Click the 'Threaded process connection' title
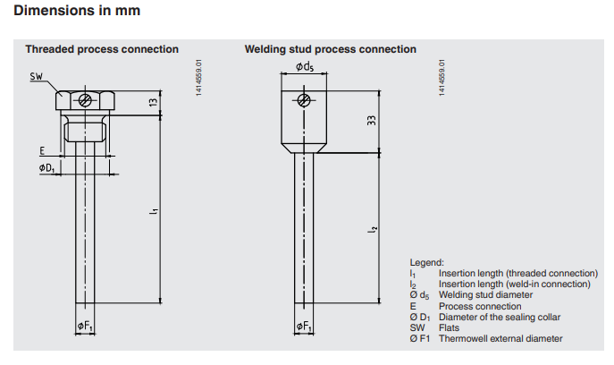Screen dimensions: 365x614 point(102,49)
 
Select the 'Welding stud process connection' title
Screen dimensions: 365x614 point(331,49)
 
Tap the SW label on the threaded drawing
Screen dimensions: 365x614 point(37,78)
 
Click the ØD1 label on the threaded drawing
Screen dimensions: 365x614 point(46,168)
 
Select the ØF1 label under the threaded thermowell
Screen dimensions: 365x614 point(86,327)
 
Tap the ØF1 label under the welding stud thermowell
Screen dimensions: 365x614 point(305,327)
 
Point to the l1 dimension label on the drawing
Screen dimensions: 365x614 point(153,211)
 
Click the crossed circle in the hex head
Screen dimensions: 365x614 point(85,99)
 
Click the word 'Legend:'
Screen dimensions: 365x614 point(425,262)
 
